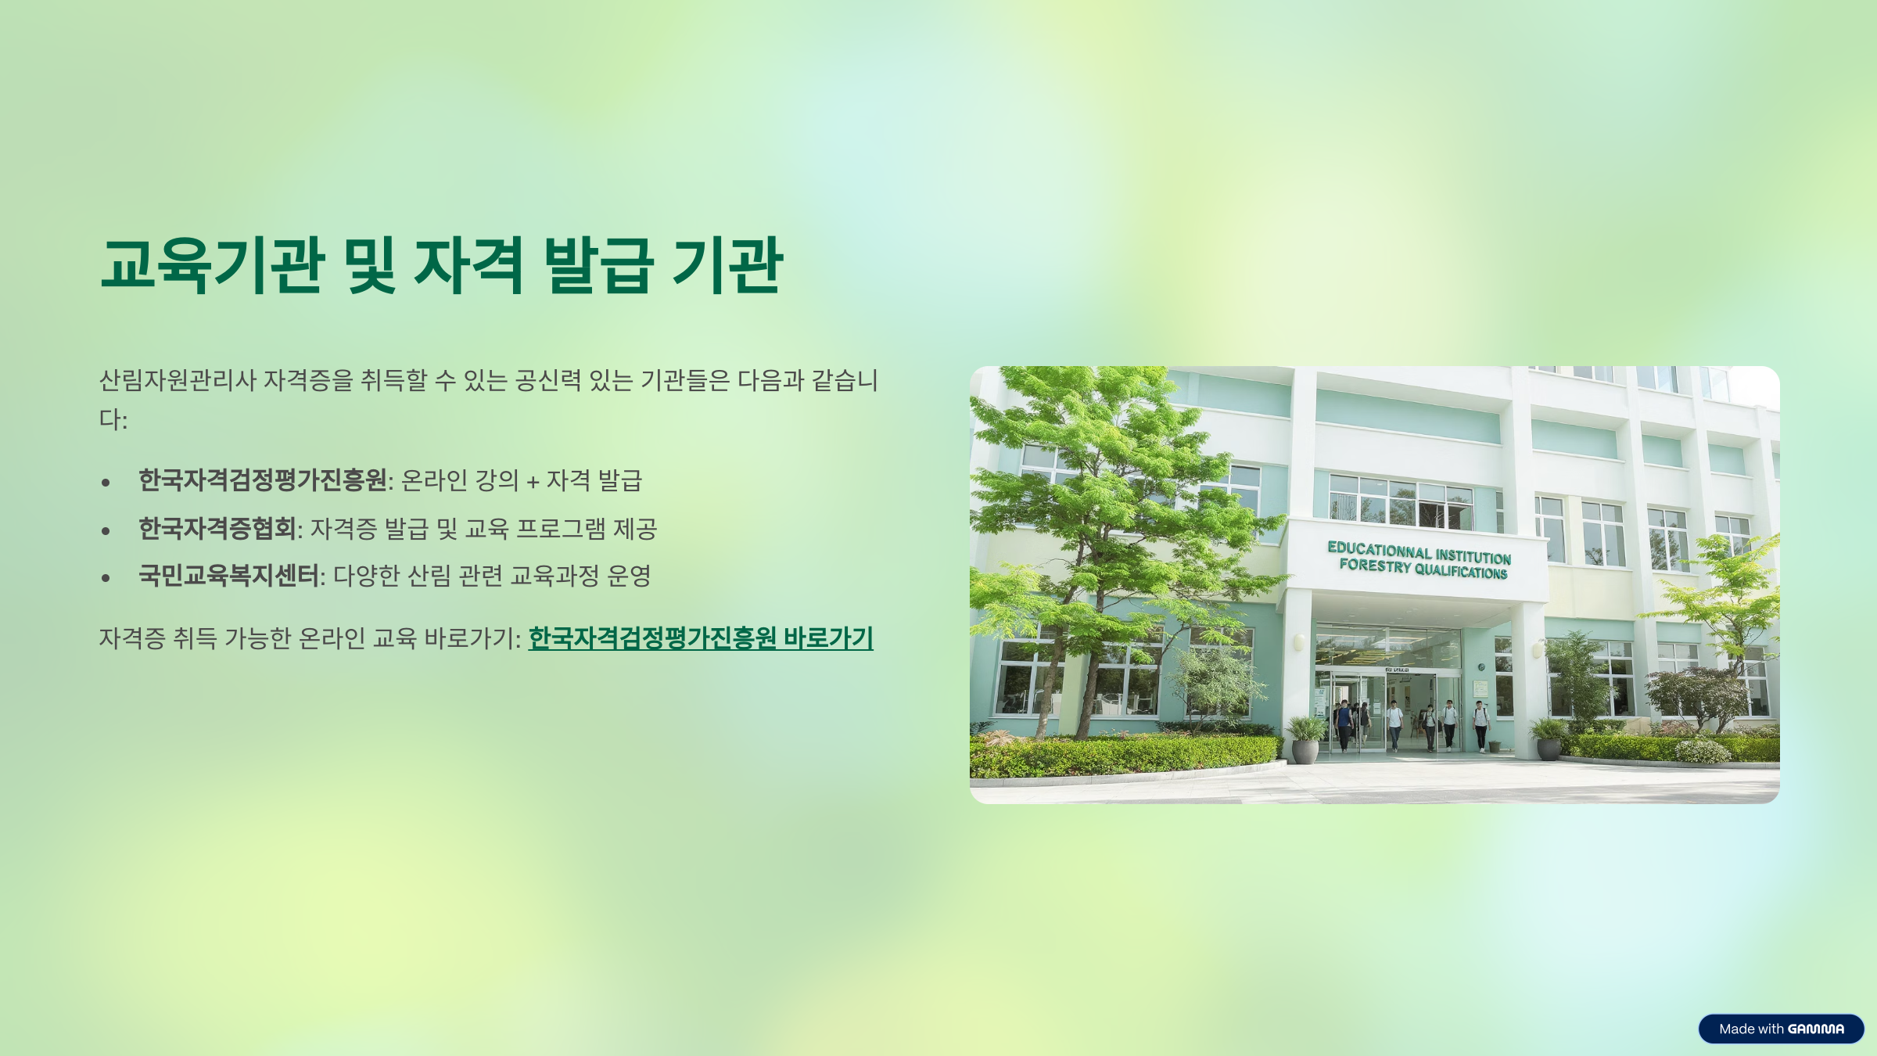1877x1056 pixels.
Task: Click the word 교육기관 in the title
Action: (212, 265)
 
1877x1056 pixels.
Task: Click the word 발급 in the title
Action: (598, 265)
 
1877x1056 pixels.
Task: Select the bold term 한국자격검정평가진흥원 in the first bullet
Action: (263, 480)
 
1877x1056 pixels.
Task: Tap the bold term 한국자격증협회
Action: (217, 529)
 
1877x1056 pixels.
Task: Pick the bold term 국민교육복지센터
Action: (228, 576)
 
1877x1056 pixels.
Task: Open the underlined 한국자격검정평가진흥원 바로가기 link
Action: (701, 638)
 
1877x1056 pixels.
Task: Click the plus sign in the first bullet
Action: (533, 481)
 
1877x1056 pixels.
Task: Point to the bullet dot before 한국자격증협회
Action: (106, 530)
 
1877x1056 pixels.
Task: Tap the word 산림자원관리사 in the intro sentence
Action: (178, 380)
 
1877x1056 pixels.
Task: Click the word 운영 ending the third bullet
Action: (629, 576)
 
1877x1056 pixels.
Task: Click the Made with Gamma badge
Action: (1781, 1029)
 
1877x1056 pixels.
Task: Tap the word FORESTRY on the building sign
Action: (1375, 566)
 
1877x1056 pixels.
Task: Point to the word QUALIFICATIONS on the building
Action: (1461, 571)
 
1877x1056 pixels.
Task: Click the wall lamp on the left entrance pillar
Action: (1298, 642)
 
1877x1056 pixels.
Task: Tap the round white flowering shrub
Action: (1702, 751)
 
